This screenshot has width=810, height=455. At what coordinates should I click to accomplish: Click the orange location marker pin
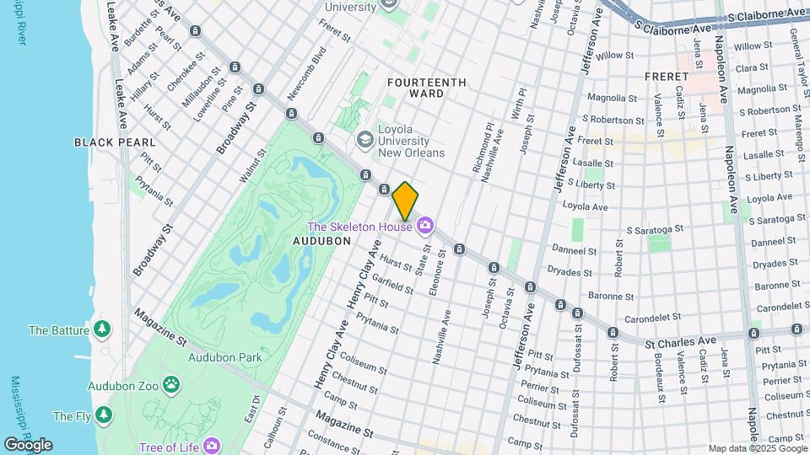click(405, 201)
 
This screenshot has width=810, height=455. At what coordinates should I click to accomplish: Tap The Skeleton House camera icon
click(424, 225)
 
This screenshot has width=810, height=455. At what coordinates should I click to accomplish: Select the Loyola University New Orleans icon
click(365, 139)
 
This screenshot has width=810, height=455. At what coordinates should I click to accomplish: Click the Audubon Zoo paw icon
click(171, 385)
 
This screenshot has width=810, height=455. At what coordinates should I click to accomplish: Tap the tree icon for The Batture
click(102, 329)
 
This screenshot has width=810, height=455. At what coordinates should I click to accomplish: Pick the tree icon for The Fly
click(103, 415)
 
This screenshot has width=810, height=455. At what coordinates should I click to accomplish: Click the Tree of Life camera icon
click(211, 445)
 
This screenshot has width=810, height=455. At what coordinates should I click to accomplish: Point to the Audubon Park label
click(225, 356)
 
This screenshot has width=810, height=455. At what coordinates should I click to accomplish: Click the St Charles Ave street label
click(680, 341)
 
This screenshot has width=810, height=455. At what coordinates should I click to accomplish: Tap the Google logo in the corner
click(28, 444)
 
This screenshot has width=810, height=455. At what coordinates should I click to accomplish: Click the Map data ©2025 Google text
click(757, 448)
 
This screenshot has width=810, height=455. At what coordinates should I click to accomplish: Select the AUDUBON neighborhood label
click(321, 240)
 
